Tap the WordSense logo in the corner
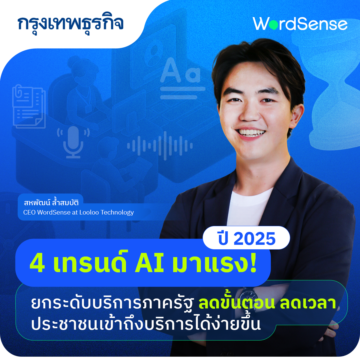coord(300,24)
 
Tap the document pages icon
coord(28,106)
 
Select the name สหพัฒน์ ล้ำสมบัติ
coord(51,202)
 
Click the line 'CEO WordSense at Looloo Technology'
coord(79,212)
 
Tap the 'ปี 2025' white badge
coord(247,238)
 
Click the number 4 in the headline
coord(37,264)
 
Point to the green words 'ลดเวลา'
coord(307,303)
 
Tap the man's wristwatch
coord(248,295)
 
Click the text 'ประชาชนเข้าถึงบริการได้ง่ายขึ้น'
coord(146,324)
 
